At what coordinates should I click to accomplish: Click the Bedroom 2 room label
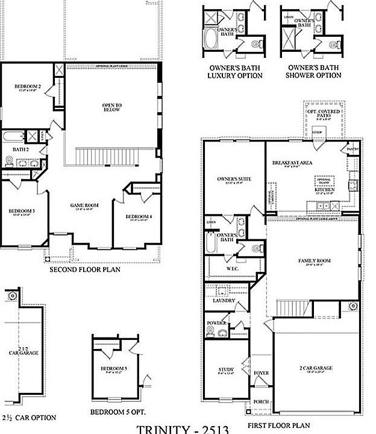click(x=27, y=87)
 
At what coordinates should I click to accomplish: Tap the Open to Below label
click(x=111, y=107)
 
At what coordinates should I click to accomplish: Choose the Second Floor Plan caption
click(x=84, y=270)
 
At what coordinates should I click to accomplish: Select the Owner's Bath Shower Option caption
click(x=314, y=72)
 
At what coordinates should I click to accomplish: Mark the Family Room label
click(x=314, y=261)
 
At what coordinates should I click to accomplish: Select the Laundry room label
click(x=224, y=300)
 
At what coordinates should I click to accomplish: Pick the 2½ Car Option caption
click(x=29, y=417)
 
